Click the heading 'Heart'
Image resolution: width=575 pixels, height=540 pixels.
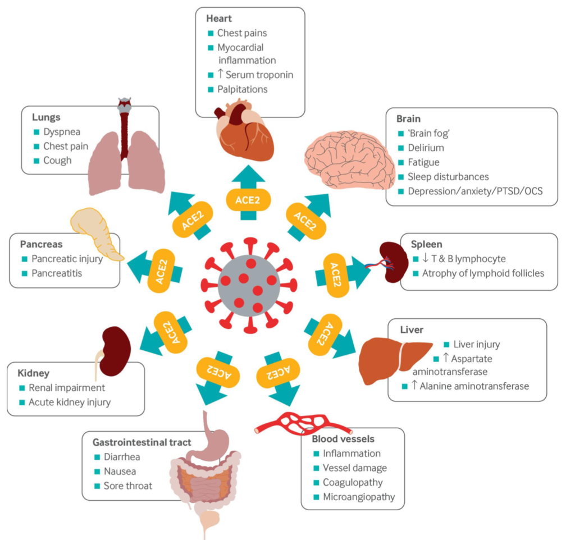tap(219, 19)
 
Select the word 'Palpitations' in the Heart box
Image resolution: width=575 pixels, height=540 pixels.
tap(243, 89)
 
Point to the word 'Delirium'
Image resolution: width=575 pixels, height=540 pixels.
tap(426, 148)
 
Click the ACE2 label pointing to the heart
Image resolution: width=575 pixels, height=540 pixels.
tap(248, 200)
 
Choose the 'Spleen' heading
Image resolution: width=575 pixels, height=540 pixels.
tap(427, 244)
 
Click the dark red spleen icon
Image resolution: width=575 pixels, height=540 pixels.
tap(394, 262)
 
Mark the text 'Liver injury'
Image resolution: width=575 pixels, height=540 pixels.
tap(477, 344)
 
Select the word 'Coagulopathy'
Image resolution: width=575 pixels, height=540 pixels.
tap(353, 482)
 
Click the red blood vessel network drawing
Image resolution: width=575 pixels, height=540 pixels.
tap(303, 424)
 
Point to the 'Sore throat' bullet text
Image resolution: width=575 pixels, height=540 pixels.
tap(128, 486)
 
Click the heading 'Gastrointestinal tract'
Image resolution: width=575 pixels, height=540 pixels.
tap(142, 442)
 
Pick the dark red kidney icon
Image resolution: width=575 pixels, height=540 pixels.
tap(116, 351)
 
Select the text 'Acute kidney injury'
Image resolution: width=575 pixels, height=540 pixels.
tap(70, 402)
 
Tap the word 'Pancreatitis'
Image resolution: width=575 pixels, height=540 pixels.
tap(57, 273)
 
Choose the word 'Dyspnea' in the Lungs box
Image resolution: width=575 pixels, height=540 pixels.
tap(62, 132)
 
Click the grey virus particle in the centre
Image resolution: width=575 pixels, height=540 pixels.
tap(249, 286)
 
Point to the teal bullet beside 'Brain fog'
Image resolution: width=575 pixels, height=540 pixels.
tap(401, 134)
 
